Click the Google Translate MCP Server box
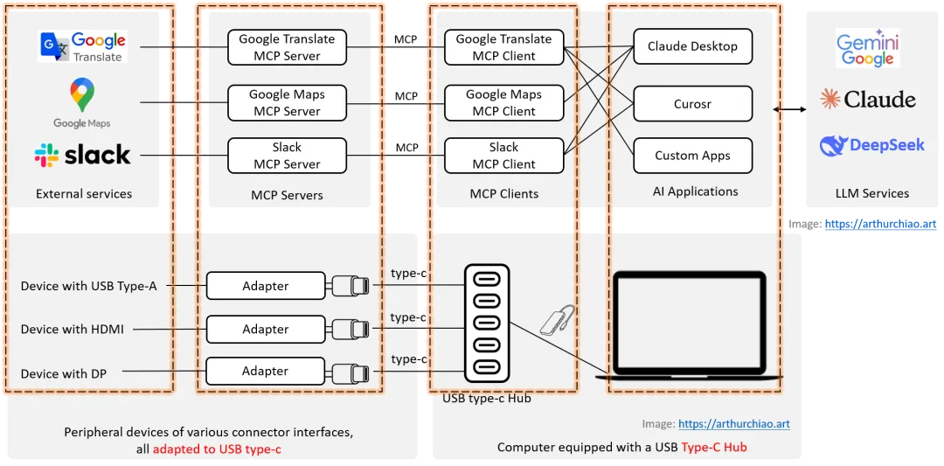point(287,47)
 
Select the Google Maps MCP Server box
point(287,102)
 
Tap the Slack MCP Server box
point(287,156)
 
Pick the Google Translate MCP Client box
point(503,47)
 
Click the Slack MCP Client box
point(503,156)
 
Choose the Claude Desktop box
point(692,46)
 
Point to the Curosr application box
point(692,103)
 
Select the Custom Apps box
point(692,156)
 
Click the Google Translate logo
point(83,46)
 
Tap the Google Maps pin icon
point(82,94)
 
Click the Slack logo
point(83,156)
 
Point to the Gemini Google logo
point(867,50)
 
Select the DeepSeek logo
point(871,145)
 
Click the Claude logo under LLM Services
point(867,99)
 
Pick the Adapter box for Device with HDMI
point(265,330)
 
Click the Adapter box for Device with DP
point(265,371)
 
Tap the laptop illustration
point(689,325)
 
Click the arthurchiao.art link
point(733,424)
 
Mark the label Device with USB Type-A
point(89,286)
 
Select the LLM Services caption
point(872,193)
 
